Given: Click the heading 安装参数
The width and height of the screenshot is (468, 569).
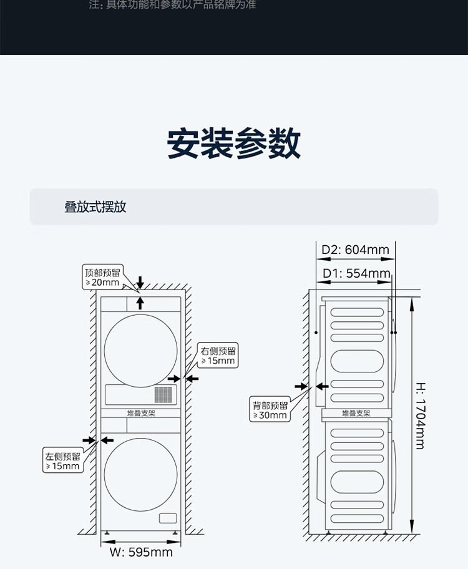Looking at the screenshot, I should coord(234,144).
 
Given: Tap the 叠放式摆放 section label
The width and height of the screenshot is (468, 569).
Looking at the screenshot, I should coord(95,207).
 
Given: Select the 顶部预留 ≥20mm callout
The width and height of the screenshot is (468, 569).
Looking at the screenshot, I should coord(104,276).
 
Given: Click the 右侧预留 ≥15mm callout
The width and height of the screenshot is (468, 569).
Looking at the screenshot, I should coord(218,355).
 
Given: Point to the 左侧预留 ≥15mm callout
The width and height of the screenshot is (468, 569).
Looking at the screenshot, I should coord(62,461).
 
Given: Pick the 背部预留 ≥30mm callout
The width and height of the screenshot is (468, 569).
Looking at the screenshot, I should coord(270,410).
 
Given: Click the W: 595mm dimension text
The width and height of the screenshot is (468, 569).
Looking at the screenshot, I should coord(140,552).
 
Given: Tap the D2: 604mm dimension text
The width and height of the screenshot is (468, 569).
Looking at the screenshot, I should coord(355,250).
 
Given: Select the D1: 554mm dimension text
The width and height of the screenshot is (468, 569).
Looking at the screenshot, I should coord(356,273).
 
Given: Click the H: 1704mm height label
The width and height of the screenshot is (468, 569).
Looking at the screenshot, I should coord(420,416).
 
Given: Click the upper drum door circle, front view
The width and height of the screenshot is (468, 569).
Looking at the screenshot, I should coord(140,347).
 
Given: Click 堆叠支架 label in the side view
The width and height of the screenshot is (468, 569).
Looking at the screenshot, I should coord(356,413).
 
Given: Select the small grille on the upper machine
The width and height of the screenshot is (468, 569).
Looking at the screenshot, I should coord(163,394).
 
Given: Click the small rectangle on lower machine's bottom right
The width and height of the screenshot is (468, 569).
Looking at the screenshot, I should coord(168,518).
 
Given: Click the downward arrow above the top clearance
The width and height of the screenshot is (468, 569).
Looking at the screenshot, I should coord(140,282).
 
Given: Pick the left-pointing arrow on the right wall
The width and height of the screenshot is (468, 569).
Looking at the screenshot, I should coord(192,378).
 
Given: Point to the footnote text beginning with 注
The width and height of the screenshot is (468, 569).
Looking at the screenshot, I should coord(172,5).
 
